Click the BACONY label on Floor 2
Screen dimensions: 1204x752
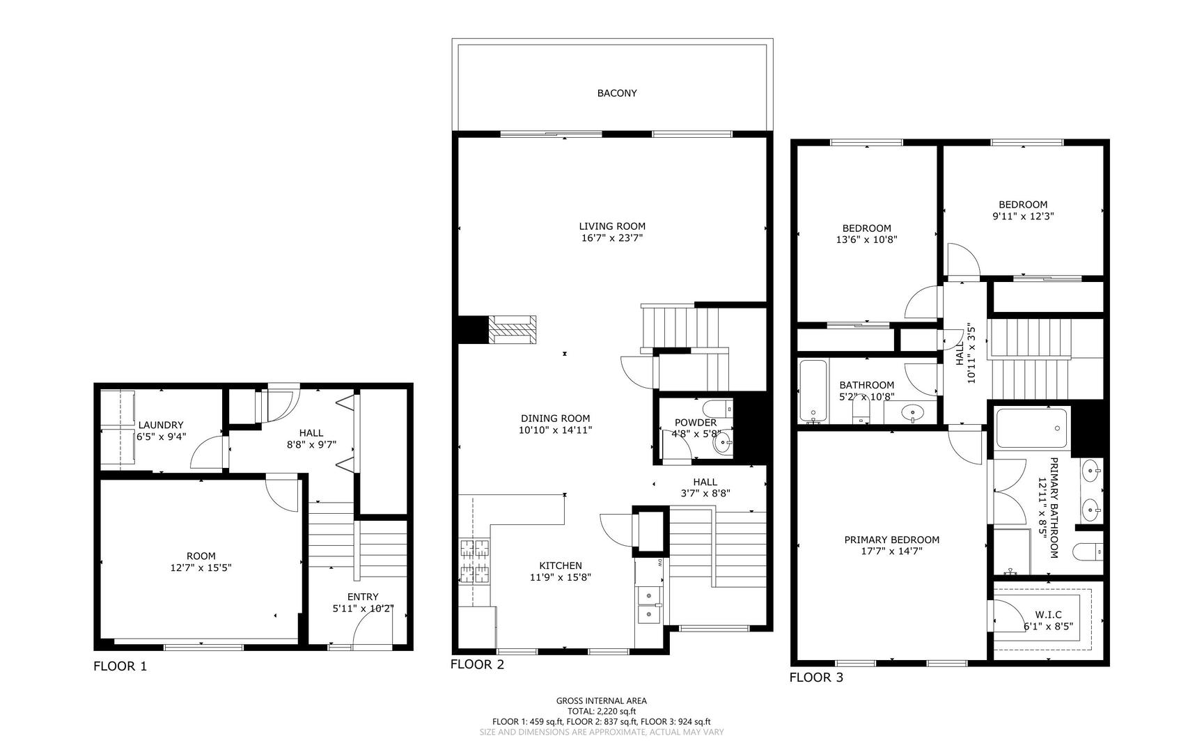point(617,93)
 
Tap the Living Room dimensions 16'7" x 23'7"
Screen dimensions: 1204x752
point(612,238)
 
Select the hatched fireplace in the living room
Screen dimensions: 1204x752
point(512,329)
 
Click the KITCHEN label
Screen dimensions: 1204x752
point(561,565)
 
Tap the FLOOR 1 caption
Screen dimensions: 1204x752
point(120,666)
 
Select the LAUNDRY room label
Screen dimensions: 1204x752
point(161,425)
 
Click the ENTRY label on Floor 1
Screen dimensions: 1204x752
point(363,597)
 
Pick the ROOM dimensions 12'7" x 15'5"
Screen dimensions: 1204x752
point(201,567)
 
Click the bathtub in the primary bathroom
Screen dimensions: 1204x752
point(1032,428)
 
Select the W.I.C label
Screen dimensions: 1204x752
point(1048,614)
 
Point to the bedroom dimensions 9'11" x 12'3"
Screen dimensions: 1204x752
point(1023,216)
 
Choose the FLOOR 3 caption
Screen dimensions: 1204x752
point(816,677)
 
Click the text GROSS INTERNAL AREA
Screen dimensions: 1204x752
point(602,701)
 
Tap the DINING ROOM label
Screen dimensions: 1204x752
point(556,418)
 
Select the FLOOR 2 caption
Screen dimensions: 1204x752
point(477,664)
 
